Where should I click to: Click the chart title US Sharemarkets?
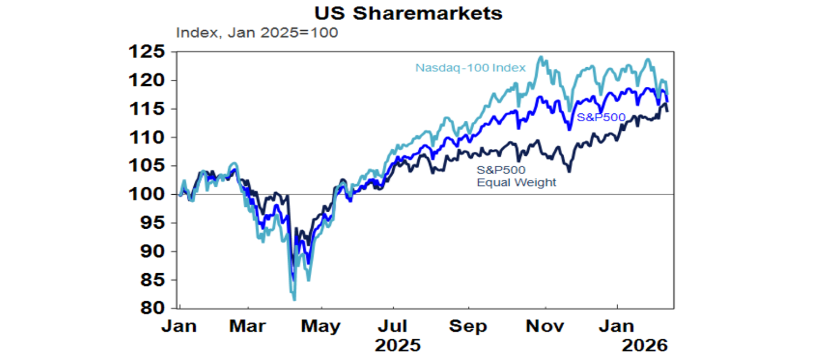406,13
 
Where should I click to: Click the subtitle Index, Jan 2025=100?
257,33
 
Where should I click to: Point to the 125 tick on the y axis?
147,52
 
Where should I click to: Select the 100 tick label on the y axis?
147,194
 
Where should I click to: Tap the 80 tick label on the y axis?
152,308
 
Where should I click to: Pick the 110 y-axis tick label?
147,138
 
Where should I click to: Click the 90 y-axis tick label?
152,251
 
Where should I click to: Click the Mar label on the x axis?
248,326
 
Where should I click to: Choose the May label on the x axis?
321,326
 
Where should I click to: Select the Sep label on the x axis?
468,326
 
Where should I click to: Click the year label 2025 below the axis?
398,345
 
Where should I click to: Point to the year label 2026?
644,345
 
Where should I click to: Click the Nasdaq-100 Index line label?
470,68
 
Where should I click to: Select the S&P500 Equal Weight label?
517,176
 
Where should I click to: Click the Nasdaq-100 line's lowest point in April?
294,300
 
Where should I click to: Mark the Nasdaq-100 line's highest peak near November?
540,57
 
